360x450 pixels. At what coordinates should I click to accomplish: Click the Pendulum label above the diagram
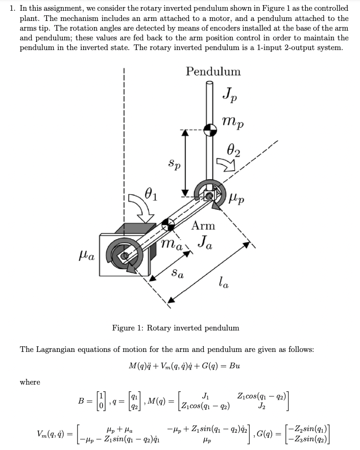[213, 71]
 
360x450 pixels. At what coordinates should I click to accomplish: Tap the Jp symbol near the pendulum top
[229, 96]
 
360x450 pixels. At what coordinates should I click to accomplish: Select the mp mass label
[233, 123]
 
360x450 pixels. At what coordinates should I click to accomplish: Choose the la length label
[224, 281]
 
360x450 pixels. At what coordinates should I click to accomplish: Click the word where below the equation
[30, 382]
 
